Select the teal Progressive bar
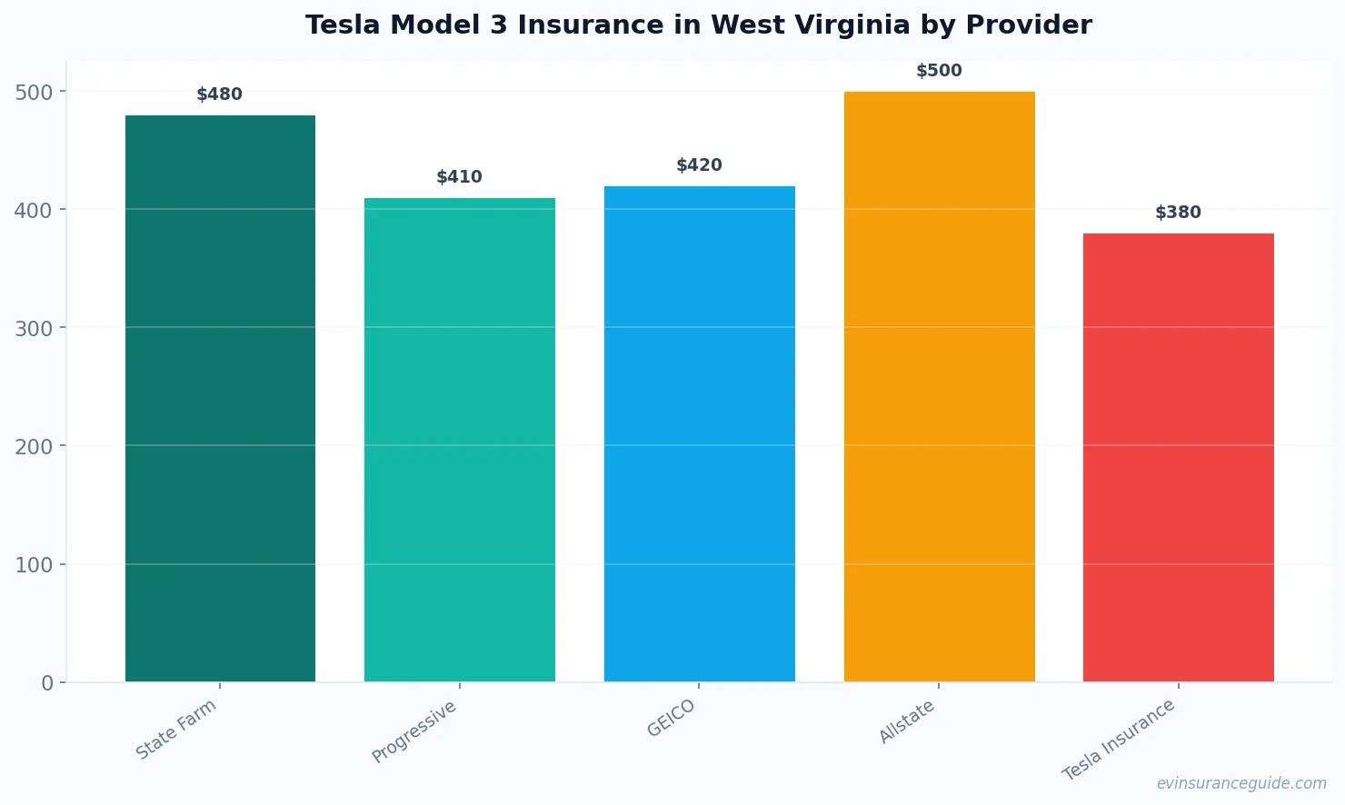(459, 440)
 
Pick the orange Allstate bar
(939, 386)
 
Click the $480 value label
(220, 94)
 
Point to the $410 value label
(459, 177)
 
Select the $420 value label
(699, 165)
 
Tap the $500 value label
(939, 71)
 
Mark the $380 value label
(1178, 213)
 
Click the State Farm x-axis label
(176, 729)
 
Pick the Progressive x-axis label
(414, 731)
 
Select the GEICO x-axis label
(672, 718)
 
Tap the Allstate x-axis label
(907, 722)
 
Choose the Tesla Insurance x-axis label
(1119, 740)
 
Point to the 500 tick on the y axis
(34, 92)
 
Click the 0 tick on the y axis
(47, 683)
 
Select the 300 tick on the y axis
(34, 328)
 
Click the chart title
(698, 25)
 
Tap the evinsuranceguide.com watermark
(1241, 783)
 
